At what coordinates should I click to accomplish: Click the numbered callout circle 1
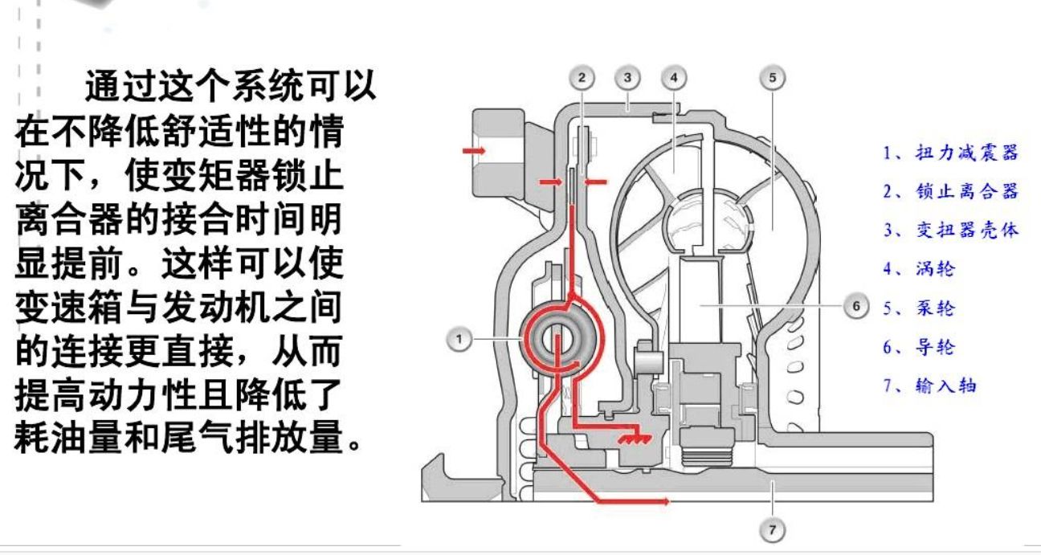point(458,339)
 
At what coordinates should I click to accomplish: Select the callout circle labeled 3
point(627,78)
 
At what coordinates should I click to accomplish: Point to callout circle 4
point(673,78)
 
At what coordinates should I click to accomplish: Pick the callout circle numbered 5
point(772,78)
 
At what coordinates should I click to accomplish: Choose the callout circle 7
point(772,530)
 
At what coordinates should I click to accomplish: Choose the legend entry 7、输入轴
point(930,386)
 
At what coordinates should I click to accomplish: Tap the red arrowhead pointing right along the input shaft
point(663,501)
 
